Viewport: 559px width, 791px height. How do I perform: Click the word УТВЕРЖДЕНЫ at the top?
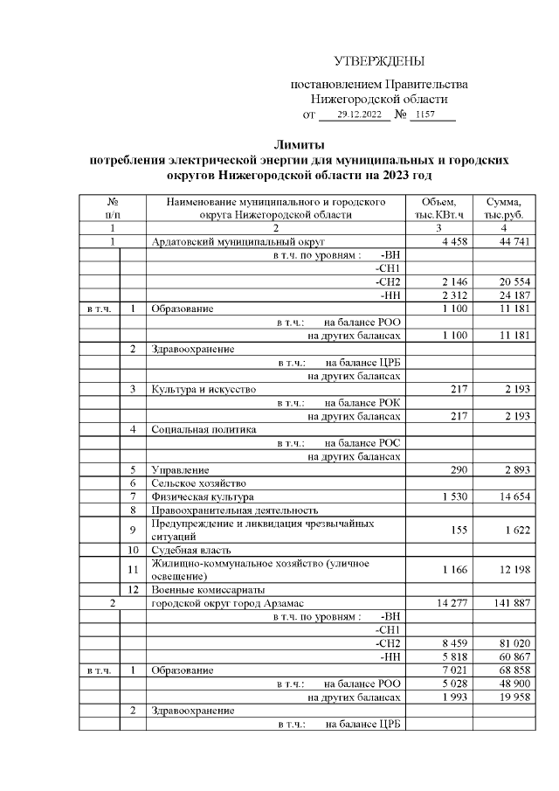pos(378,61)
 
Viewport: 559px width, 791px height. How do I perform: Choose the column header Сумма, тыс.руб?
pos(504,206)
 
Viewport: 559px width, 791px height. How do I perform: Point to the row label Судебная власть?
pos(191,550)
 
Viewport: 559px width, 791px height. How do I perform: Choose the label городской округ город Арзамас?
pos(226,603)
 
